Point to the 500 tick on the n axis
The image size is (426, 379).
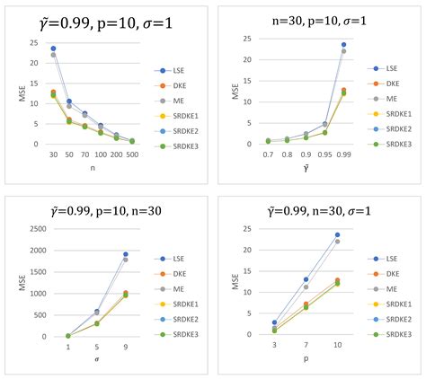[x=132, y=154]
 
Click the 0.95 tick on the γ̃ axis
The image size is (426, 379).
[x=325, y=154]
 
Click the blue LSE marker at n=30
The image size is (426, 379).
[x=53, y=48]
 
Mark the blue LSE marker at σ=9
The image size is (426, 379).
[x=125, y=254]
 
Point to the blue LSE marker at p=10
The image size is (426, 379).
[x=338, y=234]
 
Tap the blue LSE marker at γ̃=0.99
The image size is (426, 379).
[x=344, y=45]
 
